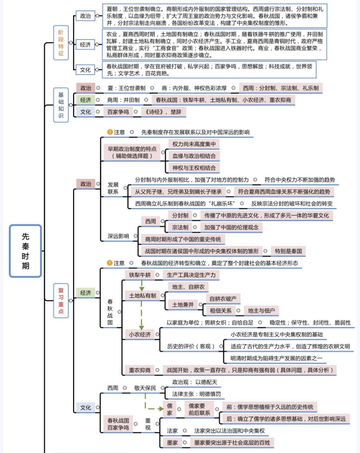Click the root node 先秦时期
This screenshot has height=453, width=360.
pyautogui.click(x=26, y=251)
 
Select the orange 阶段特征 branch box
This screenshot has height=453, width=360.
pyautogui.click(x=61, y=43)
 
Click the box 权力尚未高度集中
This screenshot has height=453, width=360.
pyautogui.click(x=193, y=144)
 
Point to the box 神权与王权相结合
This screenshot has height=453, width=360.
pyautogui.click(x=193, y=168)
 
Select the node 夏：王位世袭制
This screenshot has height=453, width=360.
pyautogui.click(x=126, y=88)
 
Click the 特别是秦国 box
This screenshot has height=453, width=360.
pyautogui.click(x=288, y=251)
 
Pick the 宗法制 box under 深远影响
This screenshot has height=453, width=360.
pyautogui.click(x=180, y=227)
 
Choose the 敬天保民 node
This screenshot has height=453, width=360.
pyautogui.click(x=145, y=388)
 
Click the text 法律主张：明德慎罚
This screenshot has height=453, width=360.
pyautogui.click(x=196, y=394)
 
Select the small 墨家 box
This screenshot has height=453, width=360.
pyautogui.click(x=172, y=443)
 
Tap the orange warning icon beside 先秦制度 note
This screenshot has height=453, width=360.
pyautogui.click(x=110, y=132)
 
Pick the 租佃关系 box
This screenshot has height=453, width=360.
pyautogui.click(x=220, y=311)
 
